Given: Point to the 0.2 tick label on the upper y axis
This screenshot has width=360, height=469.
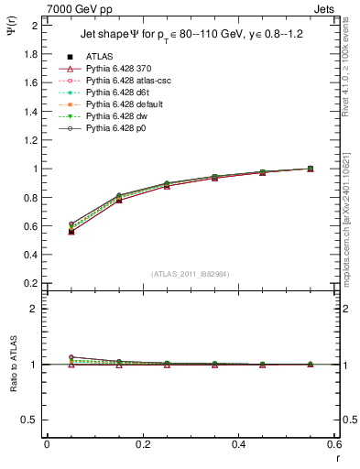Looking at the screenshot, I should [30, 283].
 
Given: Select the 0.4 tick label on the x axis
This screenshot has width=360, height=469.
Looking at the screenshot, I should [239, 445].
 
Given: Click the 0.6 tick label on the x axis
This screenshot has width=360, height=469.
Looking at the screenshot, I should [334, 445].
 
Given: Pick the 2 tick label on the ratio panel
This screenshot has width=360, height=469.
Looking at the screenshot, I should [35, 310].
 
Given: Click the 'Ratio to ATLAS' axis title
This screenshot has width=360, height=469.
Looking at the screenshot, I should [12, 364].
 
